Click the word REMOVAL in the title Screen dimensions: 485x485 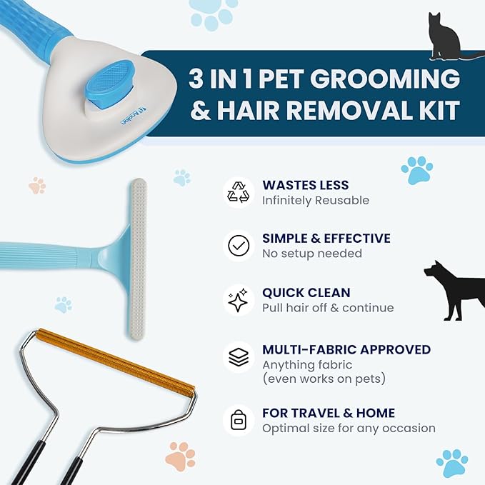point(341,111)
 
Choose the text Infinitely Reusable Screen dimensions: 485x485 point(315,200)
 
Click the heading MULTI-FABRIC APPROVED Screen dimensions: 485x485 point(346,349)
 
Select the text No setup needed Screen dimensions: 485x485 point(311,254)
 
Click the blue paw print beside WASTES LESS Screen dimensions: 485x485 point(416,170)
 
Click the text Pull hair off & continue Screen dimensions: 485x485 point(327,308)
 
